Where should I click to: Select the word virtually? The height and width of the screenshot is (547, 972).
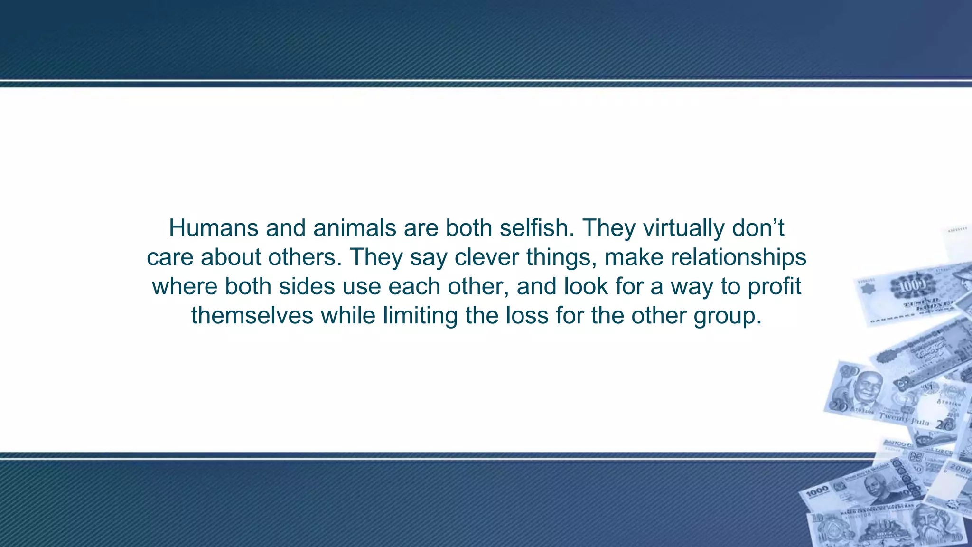tap(683, 228)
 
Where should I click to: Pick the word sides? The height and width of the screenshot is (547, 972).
tap(307, 287)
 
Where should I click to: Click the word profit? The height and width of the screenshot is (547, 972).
tap(774, 287)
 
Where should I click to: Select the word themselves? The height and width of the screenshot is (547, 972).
tap(252, 316)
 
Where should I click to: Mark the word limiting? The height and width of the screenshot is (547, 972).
tap(420, 316)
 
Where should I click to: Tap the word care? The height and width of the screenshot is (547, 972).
tap(169, 257)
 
